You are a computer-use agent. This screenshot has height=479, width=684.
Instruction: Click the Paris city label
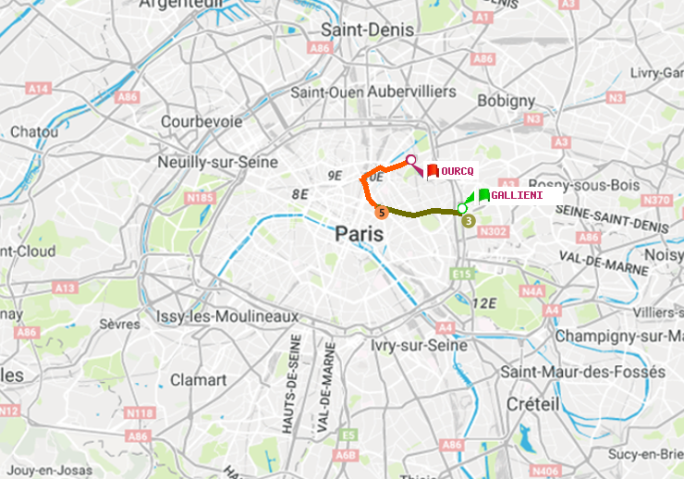(x=360, y=234)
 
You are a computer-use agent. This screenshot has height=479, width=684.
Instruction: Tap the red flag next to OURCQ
(x=432, y=170)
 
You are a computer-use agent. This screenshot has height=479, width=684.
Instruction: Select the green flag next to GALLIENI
(x=483, y=195)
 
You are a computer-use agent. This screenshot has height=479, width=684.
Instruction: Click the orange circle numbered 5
(x=380, y=212)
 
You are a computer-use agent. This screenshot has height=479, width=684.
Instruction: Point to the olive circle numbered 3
(x=468, y=220)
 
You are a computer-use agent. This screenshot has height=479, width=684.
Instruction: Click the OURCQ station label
(x=458, y=171)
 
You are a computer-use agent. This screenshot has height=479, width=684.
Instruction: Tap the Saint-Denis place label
(x=367, y=31)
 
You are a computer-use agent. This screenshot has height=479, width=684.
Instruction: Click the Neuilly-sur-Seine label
(x=218, y=162)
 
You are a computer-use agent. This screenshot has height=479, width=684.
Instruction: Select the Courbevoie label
(x=202, y=121)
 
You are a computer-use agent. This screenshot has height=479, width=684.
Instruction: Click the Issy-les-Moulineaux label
(x=227, y=316)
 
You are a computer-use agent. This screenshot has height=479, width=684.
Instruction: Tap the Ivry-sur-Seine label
(x=419, y=345)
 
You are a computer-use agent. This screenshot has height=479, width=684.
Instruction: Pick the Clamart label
(x=198, y=380)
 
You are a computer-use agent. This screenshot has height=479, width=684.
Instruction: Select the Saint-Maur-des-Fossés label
(x=582, y=372)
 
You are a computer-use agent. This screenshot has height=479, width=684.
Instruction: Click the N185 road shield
(x=200, y=197)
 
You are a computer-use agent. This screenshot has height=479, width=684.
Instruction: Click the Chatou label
(x=34, y=132)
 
